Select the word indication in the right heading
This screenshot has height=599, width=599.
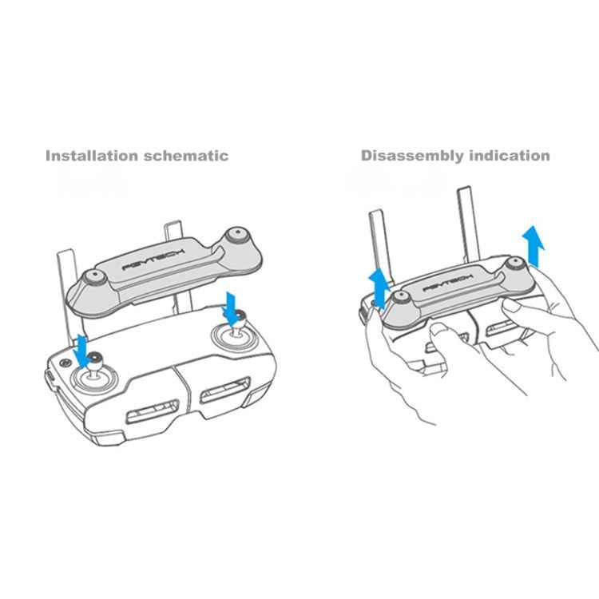point(508,156)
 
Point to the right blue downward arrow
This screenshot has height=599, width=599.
point(231,307)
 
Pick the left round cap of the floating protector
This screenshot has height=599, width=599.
point(97,280)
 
